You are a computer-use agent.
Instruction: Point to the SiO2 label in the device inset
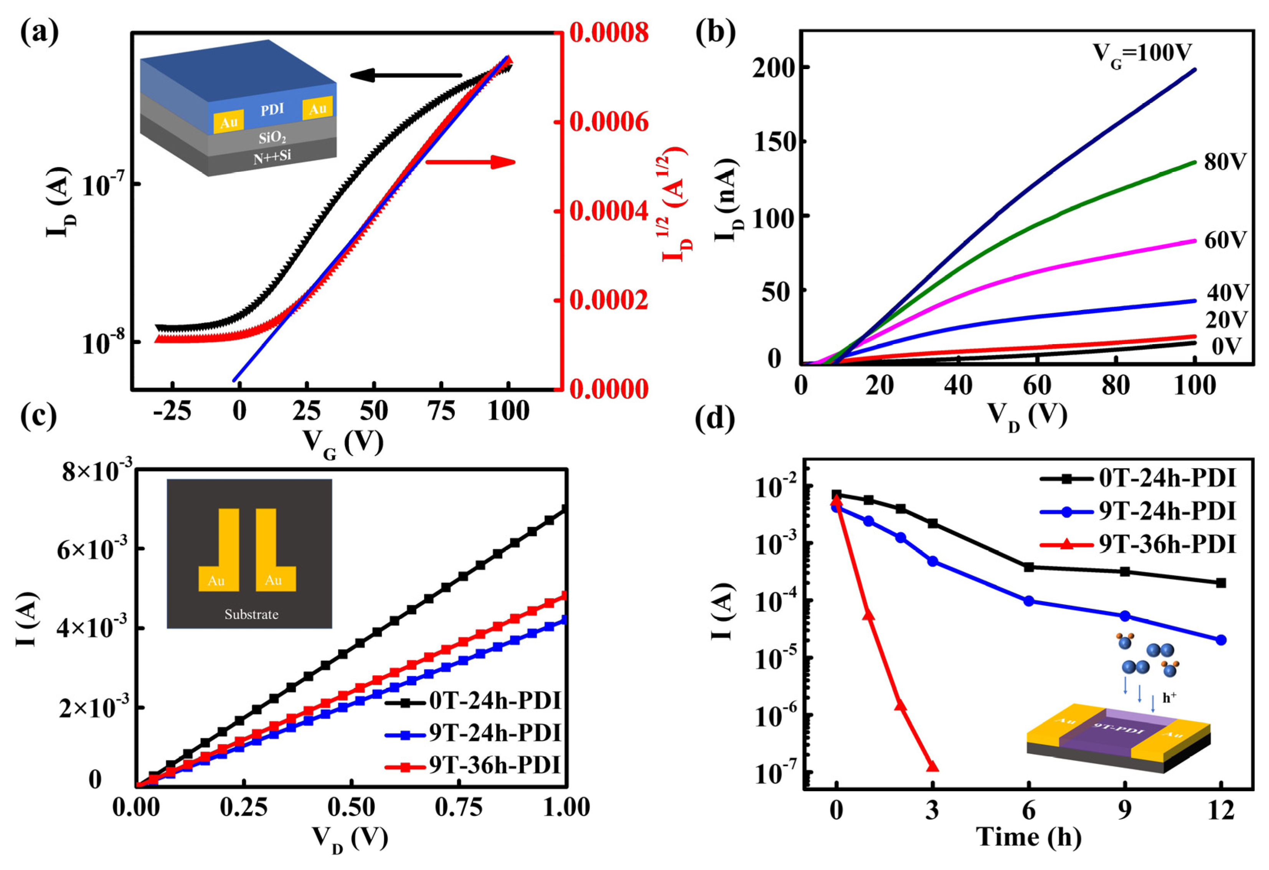click(272, 137)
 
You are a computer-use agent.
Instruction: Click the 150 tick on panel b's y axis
click(772, 141)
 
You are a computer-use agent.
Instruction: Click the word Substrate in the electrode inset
click(251, 614)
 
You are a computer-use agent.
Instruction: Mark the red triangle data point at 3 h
click(932, 767)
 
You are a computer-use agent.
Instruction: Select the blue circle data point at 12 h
click(1221, 640)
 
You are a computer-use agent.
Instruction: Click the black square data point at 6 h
click(1029, 567)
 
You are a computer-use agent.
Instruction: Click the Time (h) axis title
click(1029, 837)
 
